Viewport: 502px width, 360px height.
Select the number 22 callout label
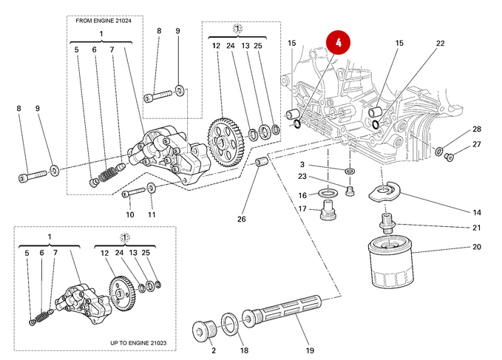(x=440, y=44)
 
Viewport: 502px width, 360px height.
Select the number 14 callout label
(x=477, y=212)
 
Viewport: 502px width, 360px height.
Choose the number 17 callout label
(x=302, y=209)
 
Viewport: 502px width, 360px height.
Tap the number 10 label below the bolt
(x=129, y=214)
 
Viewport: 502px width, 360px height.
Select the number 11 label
(x=152, y=214)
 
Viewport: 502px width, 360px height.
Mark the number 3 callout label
(x=302, y=164)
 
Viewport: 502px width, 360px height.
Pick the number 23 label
(x=302, y=176)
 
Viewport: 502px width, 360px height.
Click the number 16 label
(x=302, y=195)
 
